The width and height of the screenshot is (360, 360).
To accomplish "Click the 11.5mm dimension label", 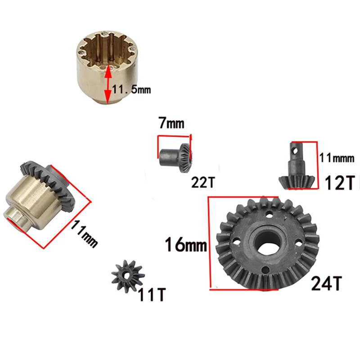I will coord(131,90).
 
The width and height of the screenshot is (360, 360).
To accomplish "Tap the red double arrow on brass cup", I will coord(107,84).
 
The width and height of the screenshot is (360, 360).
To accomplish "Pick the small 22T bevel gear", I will coord(177,154).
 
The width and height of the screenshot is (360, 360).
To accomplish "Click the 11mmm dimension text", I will coord(337,158).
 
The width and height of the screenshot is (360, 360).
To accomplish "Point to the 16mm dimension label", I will coord(185,246).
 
